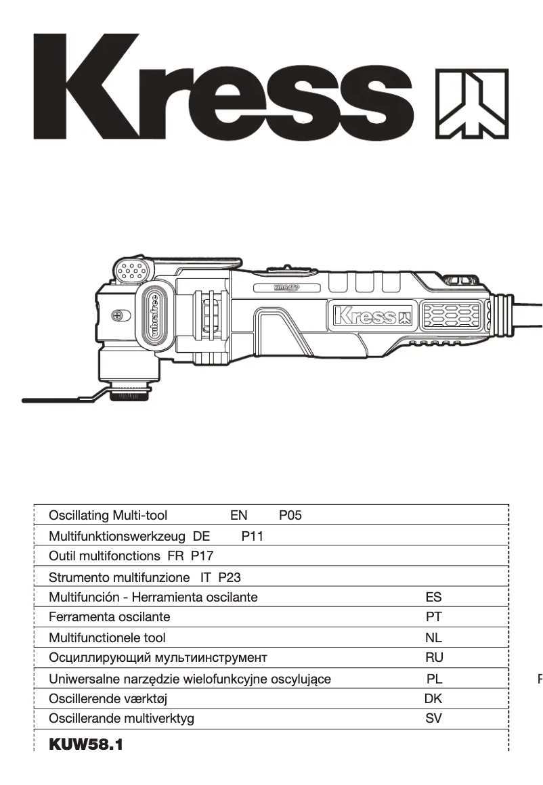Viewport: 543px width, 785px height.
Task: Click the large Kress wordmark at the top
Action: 223,88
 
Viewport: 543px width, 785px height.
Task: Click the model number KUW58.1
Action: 86,746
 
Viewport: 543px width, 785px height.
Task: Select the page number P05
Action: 290,516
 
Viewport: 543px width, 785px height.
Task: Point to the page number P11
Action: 252,537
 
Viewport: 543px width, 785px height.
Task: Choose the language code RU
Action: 433,658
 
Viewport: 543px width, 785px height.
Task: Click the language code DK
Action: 433,698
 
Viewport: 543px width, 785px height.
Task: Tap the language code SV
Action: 433,719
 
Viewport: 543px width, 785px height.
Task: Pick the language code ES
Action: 433,597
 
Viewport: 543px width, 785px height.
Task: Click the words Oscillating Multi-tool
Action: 108,516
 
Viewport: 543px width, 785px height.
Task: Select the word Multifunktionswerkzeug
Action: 116,537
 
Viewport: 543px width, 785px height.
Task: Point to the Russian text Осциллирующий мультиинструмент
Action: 158,658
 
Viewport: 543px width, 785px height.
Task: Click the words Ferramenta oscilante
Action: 109,617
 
